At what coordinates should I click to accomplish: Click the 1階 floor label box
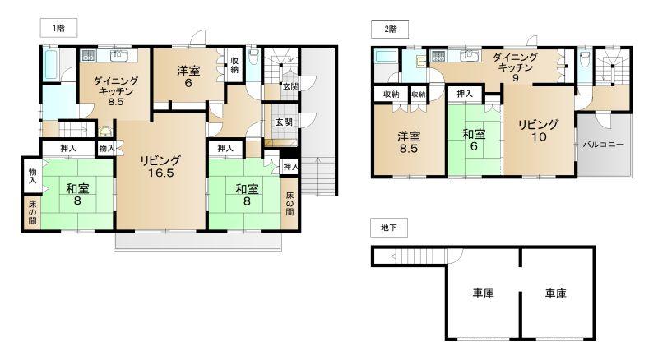coord(58,29)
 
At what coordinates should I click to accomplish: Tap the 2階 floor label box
coord(390,30)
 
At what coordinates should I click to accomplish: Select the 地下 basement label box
coord(388,228)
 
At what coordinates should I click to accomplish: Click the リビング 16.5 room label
coord(160,167)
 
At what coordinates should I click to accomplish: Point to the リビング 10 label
coord(539,131)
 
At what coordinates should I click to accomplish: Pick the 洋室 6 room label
coord(188,76)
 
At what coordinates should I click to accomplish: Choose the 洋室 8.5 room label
coord(408,143)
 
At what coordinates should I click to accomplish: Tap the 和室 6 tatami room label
coord(474,141)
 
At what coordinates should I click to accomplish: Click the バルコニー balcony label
coord(604,145)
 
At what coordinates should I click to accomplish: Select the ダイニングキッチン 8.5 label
coord(115,91)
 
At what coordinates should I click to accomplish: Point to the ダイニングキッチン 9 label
coord(515,67)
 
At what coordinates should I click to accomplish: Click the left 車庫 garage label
coord(483,293)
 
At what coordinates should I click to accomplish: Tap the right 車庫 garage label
coord(556,293)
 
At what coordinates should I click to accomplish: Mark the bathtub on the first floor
coord(50,64)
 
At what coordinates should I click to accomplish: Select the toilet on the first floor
coord(253,57)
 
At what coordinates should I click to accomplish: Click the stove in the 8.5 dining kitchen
coord(88,55)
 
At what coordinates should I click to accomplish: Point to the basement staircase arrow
coord(409,256)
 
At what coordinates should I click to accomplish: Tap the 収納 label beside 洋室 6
coord(234,65)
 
